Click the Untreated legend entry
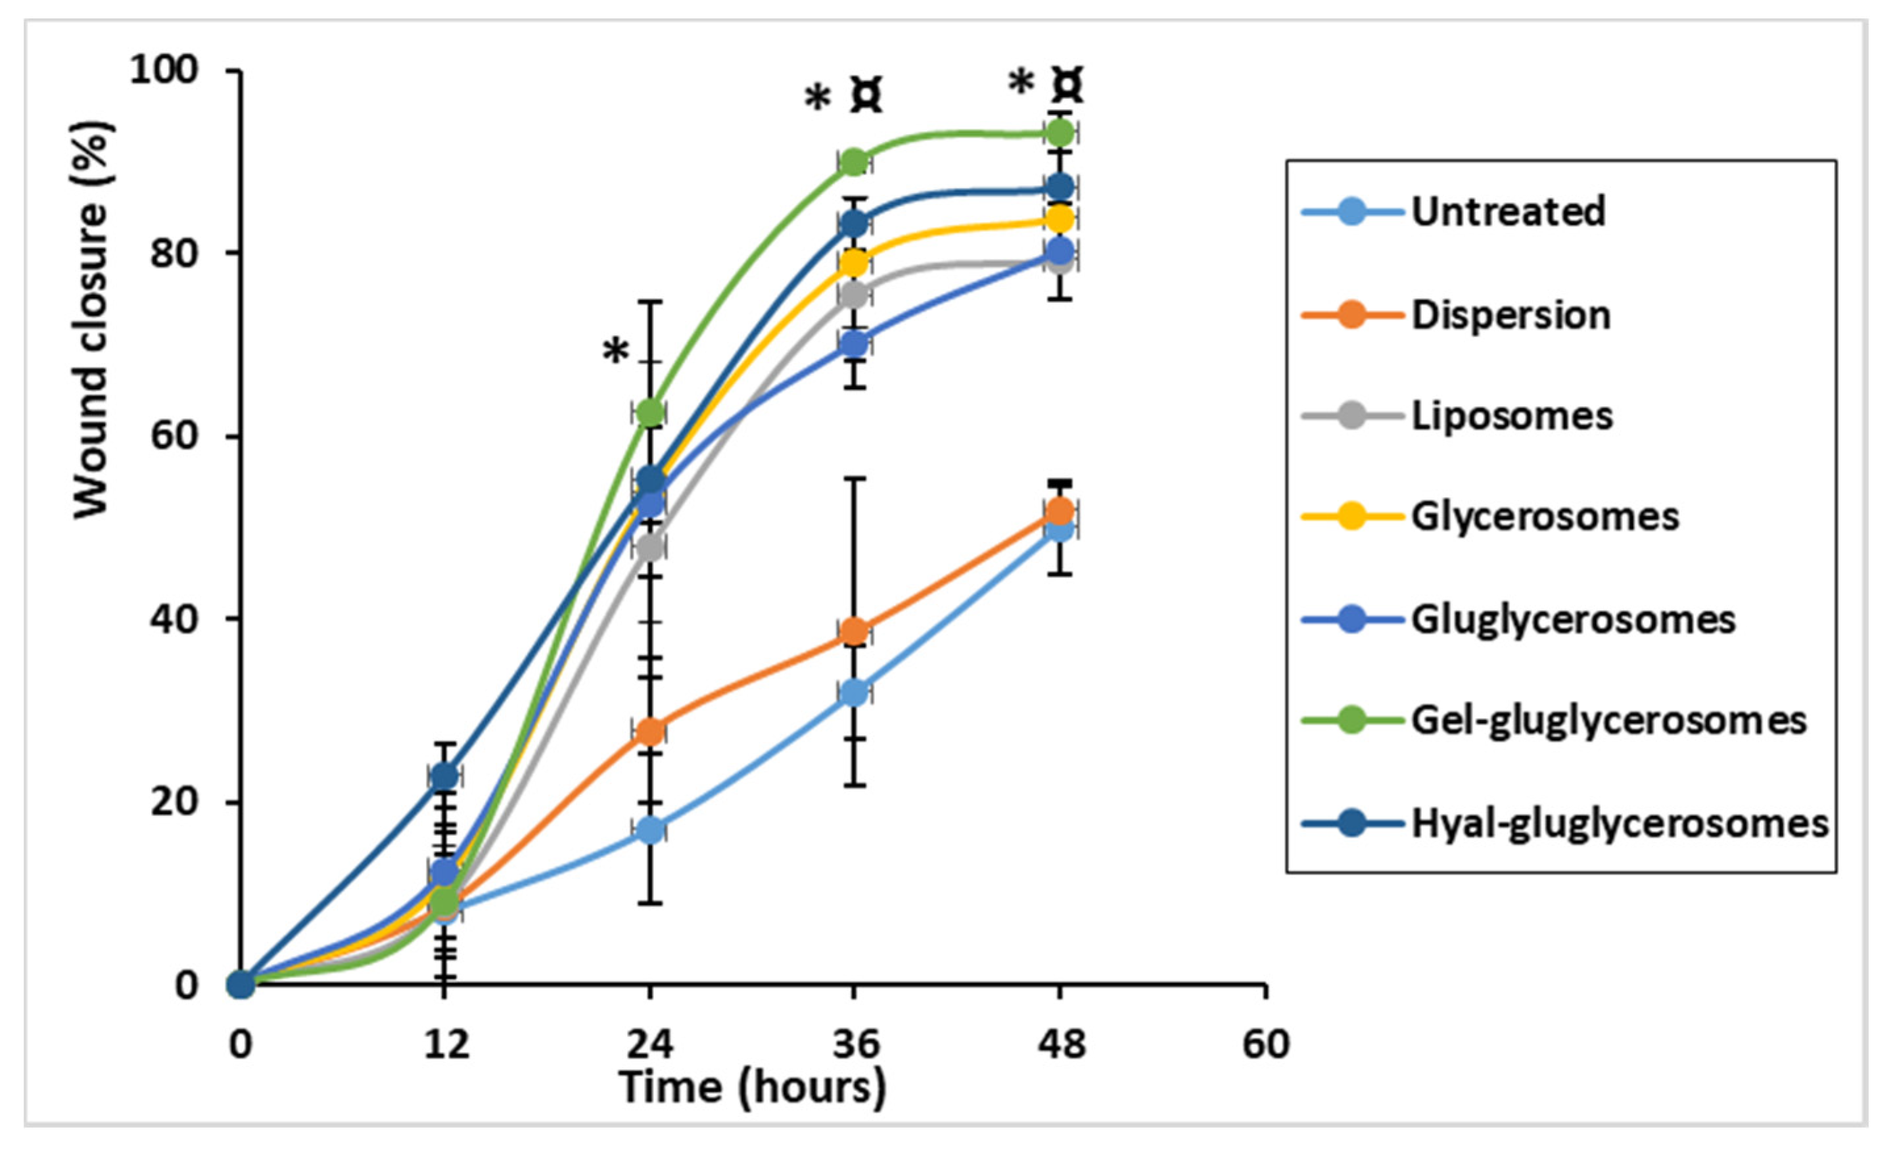(x=1507, y=212)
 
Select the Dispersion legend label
(x=1510, y=315)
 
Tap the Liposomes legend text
(x=1511, y=417)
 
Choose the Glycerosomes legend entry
(x=1545, y=517)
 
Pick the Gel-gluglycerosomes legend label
(x=1608, y=721)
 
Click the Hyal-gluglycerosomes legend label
(x=1619, y=823)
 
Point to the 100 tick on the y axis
(x=163, y=71)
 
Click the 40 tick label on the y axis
(x=174, y=619)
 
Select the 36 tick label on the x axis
(x=855, y=1045)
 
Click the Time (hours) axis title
(x=752, y=1088)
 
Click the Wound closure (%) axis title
(x=93, y=320)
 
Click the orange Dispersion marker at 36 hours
(x=854, y=632)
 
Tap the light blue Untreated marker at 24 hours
(x=651, y=830)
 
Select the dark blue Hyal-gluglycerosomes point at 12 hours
(x=444, y=777)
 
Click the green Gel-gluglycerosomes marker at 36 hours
(x=854, y=162)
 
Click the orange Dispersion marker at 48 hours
(x=1060, y=512)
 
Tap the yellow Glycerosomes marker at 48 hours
(x=1060, y=220)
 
